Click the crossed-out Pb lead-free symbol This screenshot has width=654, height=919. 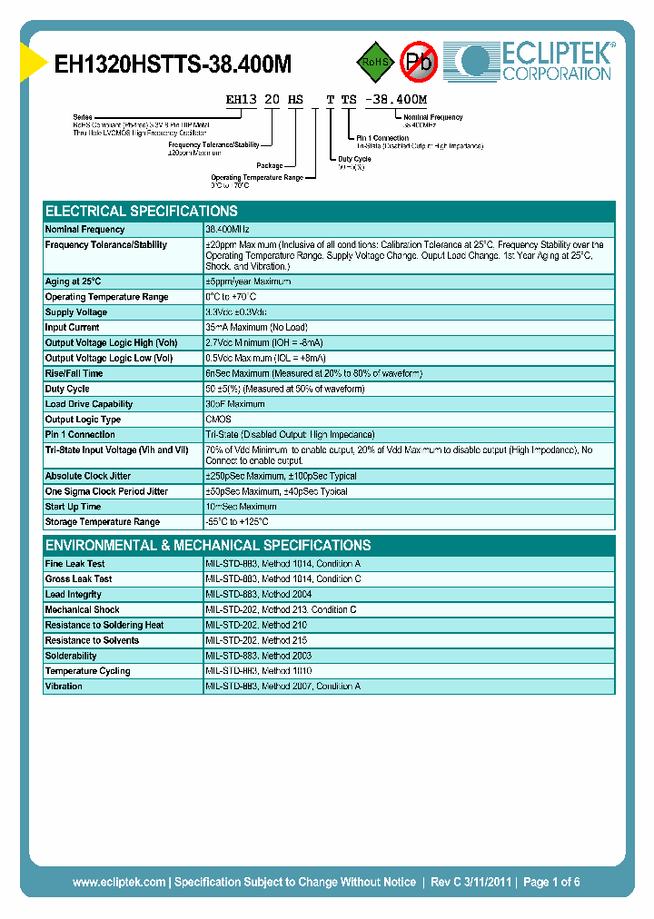click(x=420, y=62)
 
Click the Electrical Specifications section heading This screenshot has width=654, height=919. click(x=142, y=211)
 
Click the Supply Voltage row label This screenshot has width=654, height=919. click(x=76, y=312)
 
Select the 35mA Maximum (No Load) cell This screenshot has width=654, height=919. click(x=256, y=328)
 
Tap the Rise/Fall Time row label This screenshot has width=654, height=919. click(x=74, y=373)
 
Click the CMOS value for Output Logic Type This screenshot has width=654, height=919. click(x=218, y=420)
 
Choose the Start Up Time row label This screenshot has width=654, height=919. click(x=73, y=507)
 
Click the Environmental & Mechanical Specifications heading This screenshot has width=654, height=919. click(x=208, y=546)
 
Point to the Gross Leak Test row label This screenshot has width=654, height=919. click(x=79, y=579)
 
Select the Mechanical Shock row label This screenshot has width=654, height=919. click(x=83, y=610)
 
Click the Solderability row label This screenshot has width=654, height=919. click(x=71, y=656)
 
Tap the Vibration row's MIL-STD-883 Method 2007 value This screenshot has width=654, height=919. click(x=282, y=687)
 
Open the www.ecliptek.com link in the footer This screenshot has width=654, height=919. click(x=119, y=882)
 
